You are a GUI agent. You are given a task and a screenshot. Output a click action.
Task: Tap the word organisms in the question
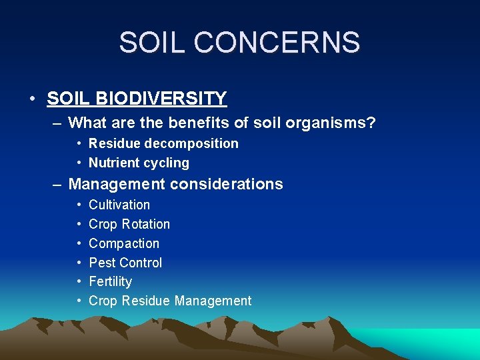324,123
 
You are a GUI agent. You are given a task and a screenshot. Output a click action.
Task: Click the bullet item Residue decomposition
163,143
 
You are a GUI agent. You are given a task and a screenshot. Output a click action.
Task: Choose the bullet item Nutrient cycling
139,163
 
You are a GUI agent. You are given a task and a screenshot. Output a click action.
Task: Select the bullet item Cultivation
119,205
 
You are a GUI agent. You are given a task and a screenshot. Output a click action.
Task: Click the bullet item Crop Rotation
129,224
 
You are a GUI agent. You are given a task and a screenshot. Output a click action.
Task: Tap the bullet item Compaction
124,243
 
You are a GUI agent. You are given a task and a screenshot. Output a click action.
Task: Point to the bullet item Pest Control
125,263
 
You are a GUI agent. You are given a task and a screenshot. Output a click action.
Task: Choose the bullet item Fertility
110,281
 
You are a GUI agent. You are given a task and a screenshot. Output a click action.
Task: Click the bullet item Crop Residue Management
170,301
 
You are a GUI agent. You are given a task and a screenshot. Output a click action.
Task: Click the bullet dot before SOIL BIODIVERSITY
32,99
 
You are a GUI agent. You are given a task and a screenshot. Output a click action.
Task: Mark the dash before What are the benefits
58,123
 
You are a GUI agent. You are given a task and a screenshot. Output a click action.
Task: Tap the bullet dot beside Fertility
79,282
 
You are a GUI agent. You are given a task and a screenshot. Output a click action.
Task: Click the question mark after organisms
371,123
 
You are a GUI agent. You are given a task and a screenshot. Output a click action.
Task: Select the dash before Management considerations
58,185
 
